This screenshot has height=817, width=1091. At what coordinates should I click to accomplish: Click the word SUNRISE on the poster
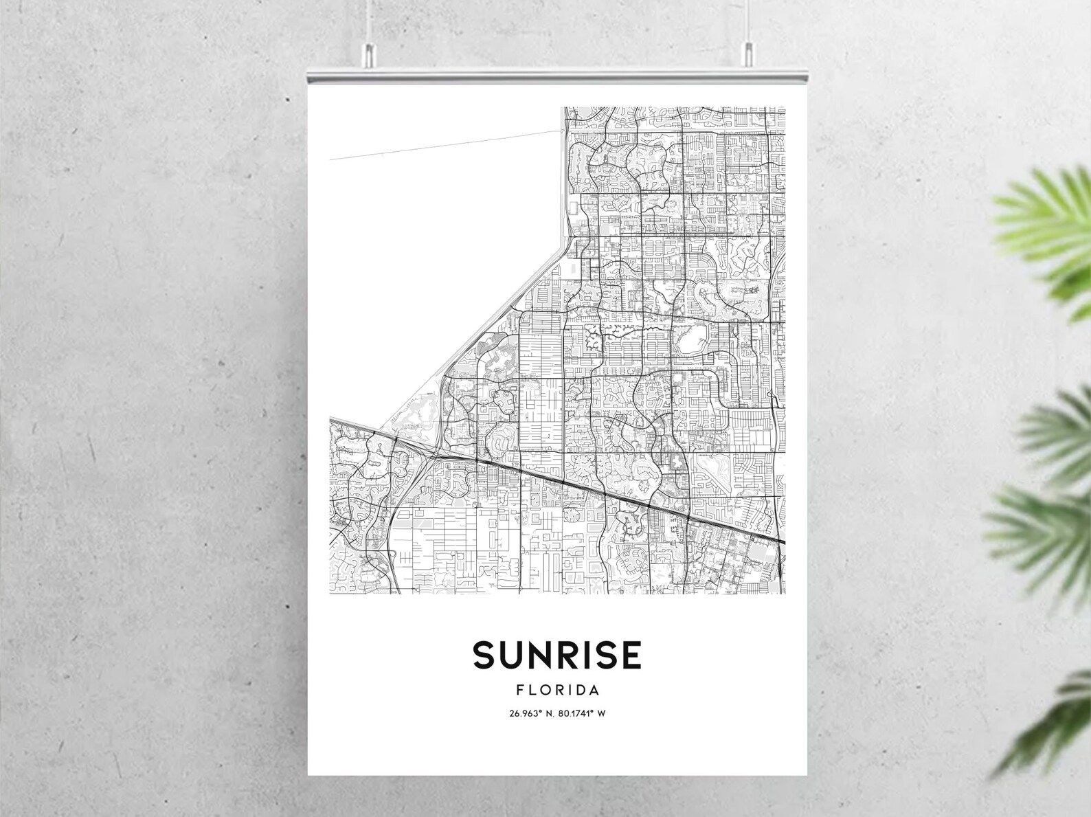click(556, 655)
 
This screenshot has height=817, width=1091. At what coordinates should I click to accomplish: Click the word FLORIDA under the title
click(558, 690)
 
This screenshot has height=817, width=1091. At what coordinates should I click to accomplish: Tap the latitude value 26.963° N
click(531, 713)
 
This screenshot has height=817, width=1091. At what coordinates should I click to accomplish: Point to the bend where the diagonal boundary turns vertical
click(565, 237)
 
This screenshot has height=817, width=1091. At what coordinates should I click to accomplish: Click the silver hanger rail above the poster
click(556, 69)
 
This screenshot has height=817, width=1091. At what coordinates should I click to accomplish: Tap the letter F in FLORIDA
click(519, 690)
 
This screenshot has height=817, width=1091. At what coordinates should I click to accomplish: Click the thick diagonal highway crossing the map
click(584, 485)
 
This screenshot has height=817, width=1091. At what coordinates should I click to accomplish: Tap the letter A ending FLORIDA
click(594, 690)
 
